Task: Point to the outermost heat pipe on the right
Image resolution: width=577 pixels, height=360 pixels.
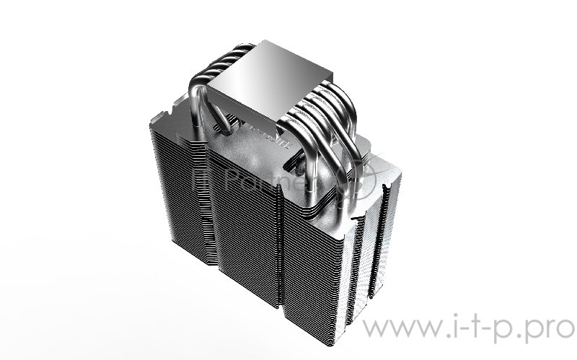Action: (x=351, y=159)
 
